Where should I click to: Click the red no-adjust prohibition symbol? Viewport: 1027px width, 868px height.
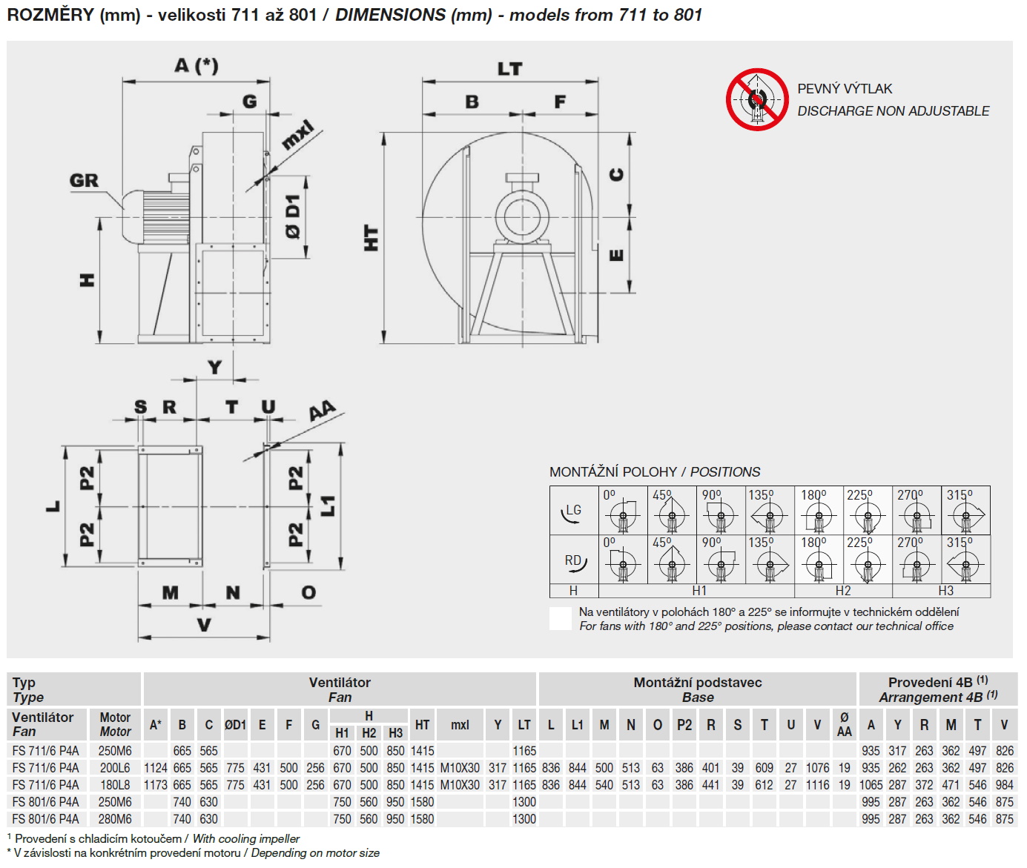point(756,99)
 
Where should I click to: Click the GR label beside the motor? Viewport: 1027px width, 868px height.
point(84,180)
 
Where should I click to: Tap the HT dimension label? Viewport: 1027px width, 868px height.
point(371,238)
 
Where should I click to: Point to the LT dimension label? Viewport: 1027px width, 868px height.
point(509,69)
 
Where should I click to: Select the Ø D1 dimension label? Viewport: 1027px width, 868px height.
point(294,216)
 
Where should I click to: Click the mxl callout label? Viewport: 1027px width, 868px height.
point(298,135)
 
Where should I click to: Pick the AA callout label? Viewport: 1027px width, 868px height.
point(322,411)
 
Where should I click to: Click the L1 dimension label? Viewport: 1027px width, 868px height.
point(328,506)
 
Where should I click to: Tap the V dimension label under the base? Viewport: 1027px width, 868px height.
point(204,625)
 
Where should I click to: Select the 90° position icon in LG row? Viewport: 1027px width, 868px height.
point(719,511)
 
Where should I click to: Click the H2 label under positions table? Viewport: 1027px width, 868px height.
point(843,591)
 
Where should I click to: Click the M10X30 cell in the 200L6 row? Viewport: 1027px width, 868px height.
point(460,768)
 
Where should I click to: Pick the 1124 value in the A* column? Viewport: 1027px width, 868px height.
point(155,768)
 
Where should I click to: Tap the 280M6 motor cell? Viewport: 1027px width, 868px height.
point(115,819)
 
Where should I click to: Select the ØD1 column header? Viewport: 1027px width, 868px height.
point(235,725)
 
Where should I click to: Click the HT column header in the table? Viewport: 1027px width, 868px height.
point(422,725)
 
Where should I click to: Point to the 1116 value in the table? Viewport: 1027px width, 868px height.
point(817,785)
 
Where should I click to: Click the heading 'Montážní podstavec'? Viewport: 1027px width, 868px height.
point(697,683)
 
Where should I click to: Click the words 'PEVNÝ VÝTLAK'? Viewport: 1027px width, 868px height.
point(845,89)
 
